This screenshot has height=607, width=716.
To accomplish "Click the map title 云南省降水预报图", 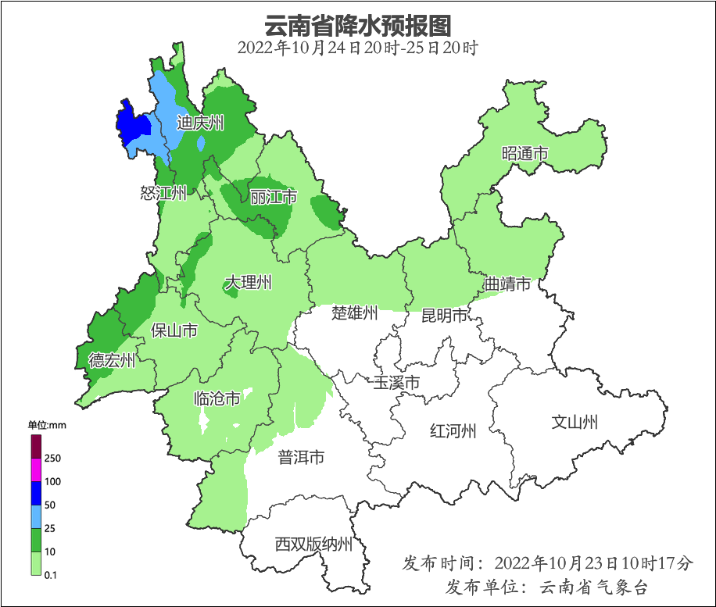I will click(358, 26).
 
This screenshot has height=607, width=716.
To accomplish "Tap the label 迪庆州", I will click(201, 123).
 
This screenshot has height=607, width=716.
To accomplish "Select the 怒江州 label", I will click(164, 193).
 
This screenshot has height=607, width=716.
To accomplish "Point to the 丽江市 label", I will click(274, 197).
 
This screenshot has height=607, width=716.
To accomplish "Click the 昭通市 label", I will click(524, 153).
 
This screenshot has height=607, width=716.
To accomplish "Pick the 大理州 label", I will click(249, 282).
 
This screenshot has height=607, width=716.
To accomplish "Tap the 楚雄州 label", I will click(355, 313).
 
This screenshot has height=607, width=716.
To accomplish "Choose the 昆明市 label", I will click(444, 316).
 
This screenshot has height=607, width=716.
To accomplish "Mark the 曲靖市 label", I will click(507, 284).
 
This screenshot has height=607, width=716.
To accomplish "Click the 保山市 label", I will click(174, 330).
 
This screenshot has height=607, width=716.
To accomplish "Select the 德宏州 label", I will click(112, 360).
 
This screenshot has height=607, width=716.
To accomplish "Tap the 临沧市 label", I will click(217, 399).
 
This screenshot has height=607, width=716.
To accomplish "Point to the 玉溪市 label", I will click(396, 383).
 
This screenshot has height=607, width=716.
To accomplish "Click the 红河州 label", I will click(453, 430).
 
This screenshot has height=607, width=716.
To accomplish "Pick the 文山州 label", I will click(575, 423).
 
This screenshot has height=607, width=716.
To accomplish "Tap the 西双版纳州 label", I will click(313, 545).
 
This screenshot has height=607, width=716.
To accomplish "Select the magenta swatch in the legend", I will click(36, 470).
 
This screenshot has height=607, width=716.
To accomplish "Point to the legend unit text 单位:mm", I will click(48, 425).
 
